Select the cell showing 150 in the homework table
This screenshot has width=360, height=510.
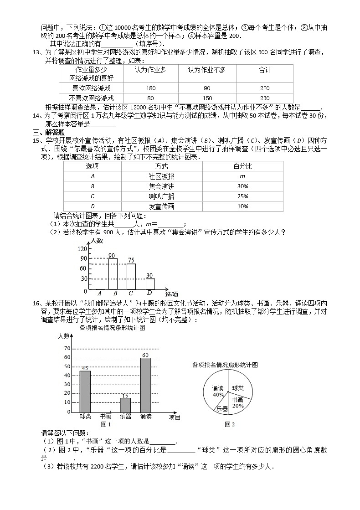coord(207,98)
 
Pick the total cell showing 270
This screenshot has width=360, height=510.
coord(265,88)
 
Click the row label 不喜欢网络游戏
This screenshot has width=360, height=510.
coord(91,98)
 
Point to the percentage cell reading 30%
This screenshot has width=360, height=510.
coord(242,186)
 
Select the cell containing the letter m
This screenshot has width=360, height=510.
coord(242,176)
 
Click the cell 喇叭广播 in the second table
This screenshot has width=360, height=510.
coord(161,196)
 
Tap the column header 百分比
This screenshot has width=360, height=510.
coord(242,166)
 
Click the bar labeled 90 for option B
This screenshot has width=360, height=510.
coord(113,274)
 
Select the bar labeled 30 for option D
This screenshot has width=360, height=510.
coord(150,284)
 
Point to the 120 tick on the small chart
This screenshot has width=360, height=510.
coord(82,249)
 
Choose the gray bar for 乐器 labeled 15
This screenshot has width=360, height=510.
coord(125,405)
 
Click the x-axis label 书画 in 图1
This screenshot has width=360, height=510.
coord(106,416)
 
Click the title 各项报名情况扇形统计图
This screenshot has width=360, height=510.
coord(225,365)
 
